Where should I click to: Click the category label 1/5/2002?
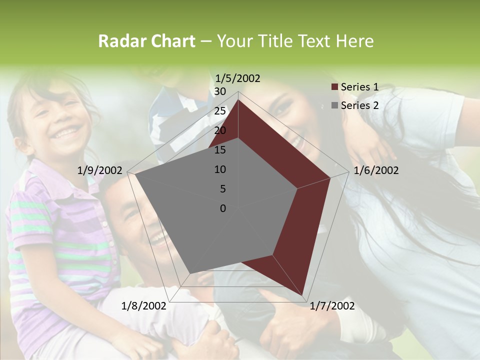[x=237, y=78]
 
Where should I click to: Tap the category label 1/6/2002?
[x=376, y=170]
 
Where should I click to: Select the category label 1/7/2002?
[x=332, y=306]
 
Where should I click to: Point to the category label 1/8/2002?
[x=143, y=306]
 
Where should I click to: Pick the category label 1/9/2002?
[x=99, y=170]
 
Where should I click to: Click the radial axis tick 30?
[x=220, y=91]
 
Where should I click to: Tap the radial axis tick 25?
[x=220, y=111]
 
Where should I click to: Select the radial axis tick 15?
[x=220, y=150]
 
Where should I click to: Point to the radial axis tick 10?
[x=220, y=169]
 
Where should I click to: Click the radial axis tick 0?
[x=223, y=208]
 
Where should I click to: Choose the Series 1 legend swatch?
[x=334, y=87]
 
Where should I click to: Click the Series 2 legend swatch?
[x=334, y=105]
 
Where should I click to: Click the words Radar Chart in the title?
[x=146, y=41]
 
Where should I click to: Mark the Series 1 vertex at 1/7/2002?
[x=303, y=295]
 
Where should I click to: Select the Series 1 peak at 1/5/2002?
[x=238, y=100]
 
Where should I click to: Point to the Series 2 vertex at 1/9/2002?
[x=135, y=174]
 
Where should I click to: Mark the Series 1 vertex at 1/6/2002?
[x=330, y=177]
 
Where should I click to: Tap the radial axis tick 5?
[x=223, y=189]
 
